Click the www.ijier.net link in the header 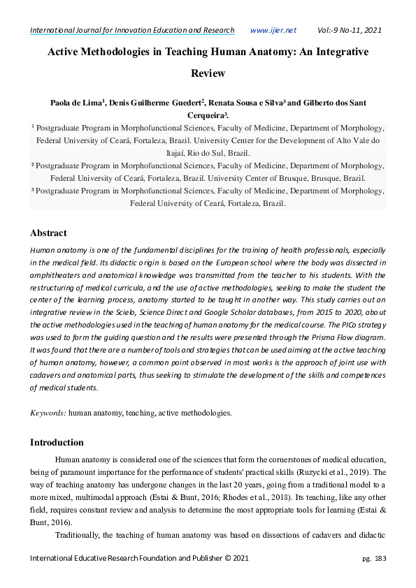click(273, 30)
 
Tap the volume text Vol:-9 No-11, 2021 click(350, 30)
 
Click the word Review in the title click(208, 73)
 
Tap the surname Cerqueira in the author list click(206, 115)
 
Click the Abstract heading click(48, 233)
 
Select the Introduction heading click(57, 442)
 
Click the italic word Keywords click(48, 413)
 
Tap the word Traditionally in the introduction click(81, 535)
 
